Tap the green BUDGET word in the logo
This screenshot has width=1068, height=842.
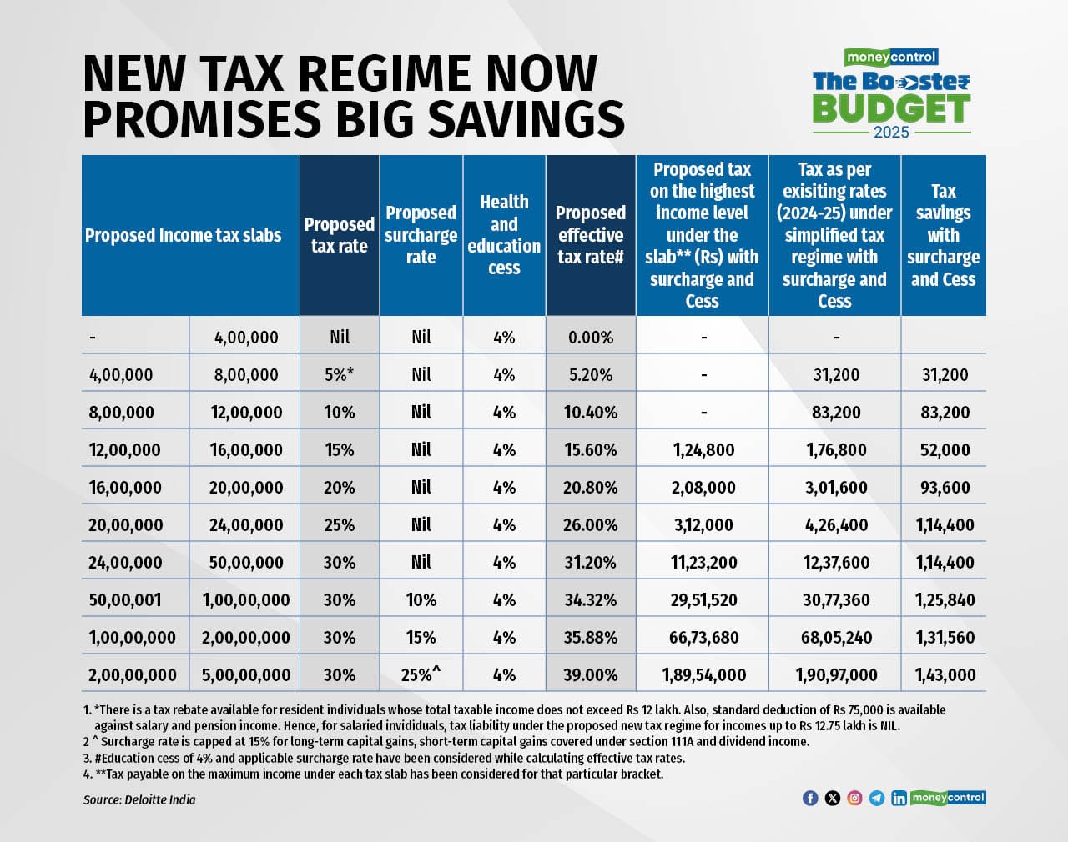[x=890, y=108]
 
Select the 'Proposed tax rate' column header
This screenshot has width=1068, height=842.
[x=339, y=235]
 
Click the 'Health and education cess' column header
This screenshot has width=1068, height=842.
[x=504, y=235]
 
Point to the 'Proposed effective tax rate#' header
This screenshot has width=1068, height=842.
[x=590, y=235]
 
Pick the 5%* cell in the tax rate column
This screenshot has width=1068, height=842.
[x=339, y=375]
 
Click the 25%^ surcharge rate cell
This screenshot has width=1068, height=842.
[x=421, y=675]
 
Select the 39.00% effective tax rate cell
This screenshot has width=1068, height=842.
[x=590, y=675]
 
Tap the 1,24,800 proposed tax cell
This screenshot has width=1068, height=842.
[x=703, y=450]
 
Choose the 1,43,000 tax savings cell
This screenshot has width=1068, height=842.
[x=945, y=675]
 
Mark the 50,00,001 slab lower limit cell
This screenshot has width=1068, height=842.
[x=125, y=600]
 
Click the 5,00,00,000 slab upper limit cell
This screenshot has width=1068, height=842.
[x=246, y=675]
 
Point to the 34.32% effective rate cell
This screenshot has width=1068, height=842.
[x=590, y=600]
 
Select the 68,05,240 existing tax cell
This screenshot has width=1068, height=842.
[x=836, y=638]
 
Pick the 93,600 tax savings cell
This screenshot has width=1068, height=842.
[x=945, y=488]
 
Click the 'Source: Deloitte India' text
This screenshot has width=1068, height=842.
[x=139, y=799]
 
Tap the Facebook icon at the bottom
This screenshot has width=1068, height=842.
[x=809, y=798]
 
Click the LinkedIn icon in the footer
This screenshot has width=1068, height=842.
[x=899, y=798]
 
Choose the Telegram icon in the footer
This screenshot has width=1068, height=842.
[x=876, y=798]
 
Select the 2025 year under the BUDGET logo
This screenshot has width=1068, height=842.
[x=891, y=133]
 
